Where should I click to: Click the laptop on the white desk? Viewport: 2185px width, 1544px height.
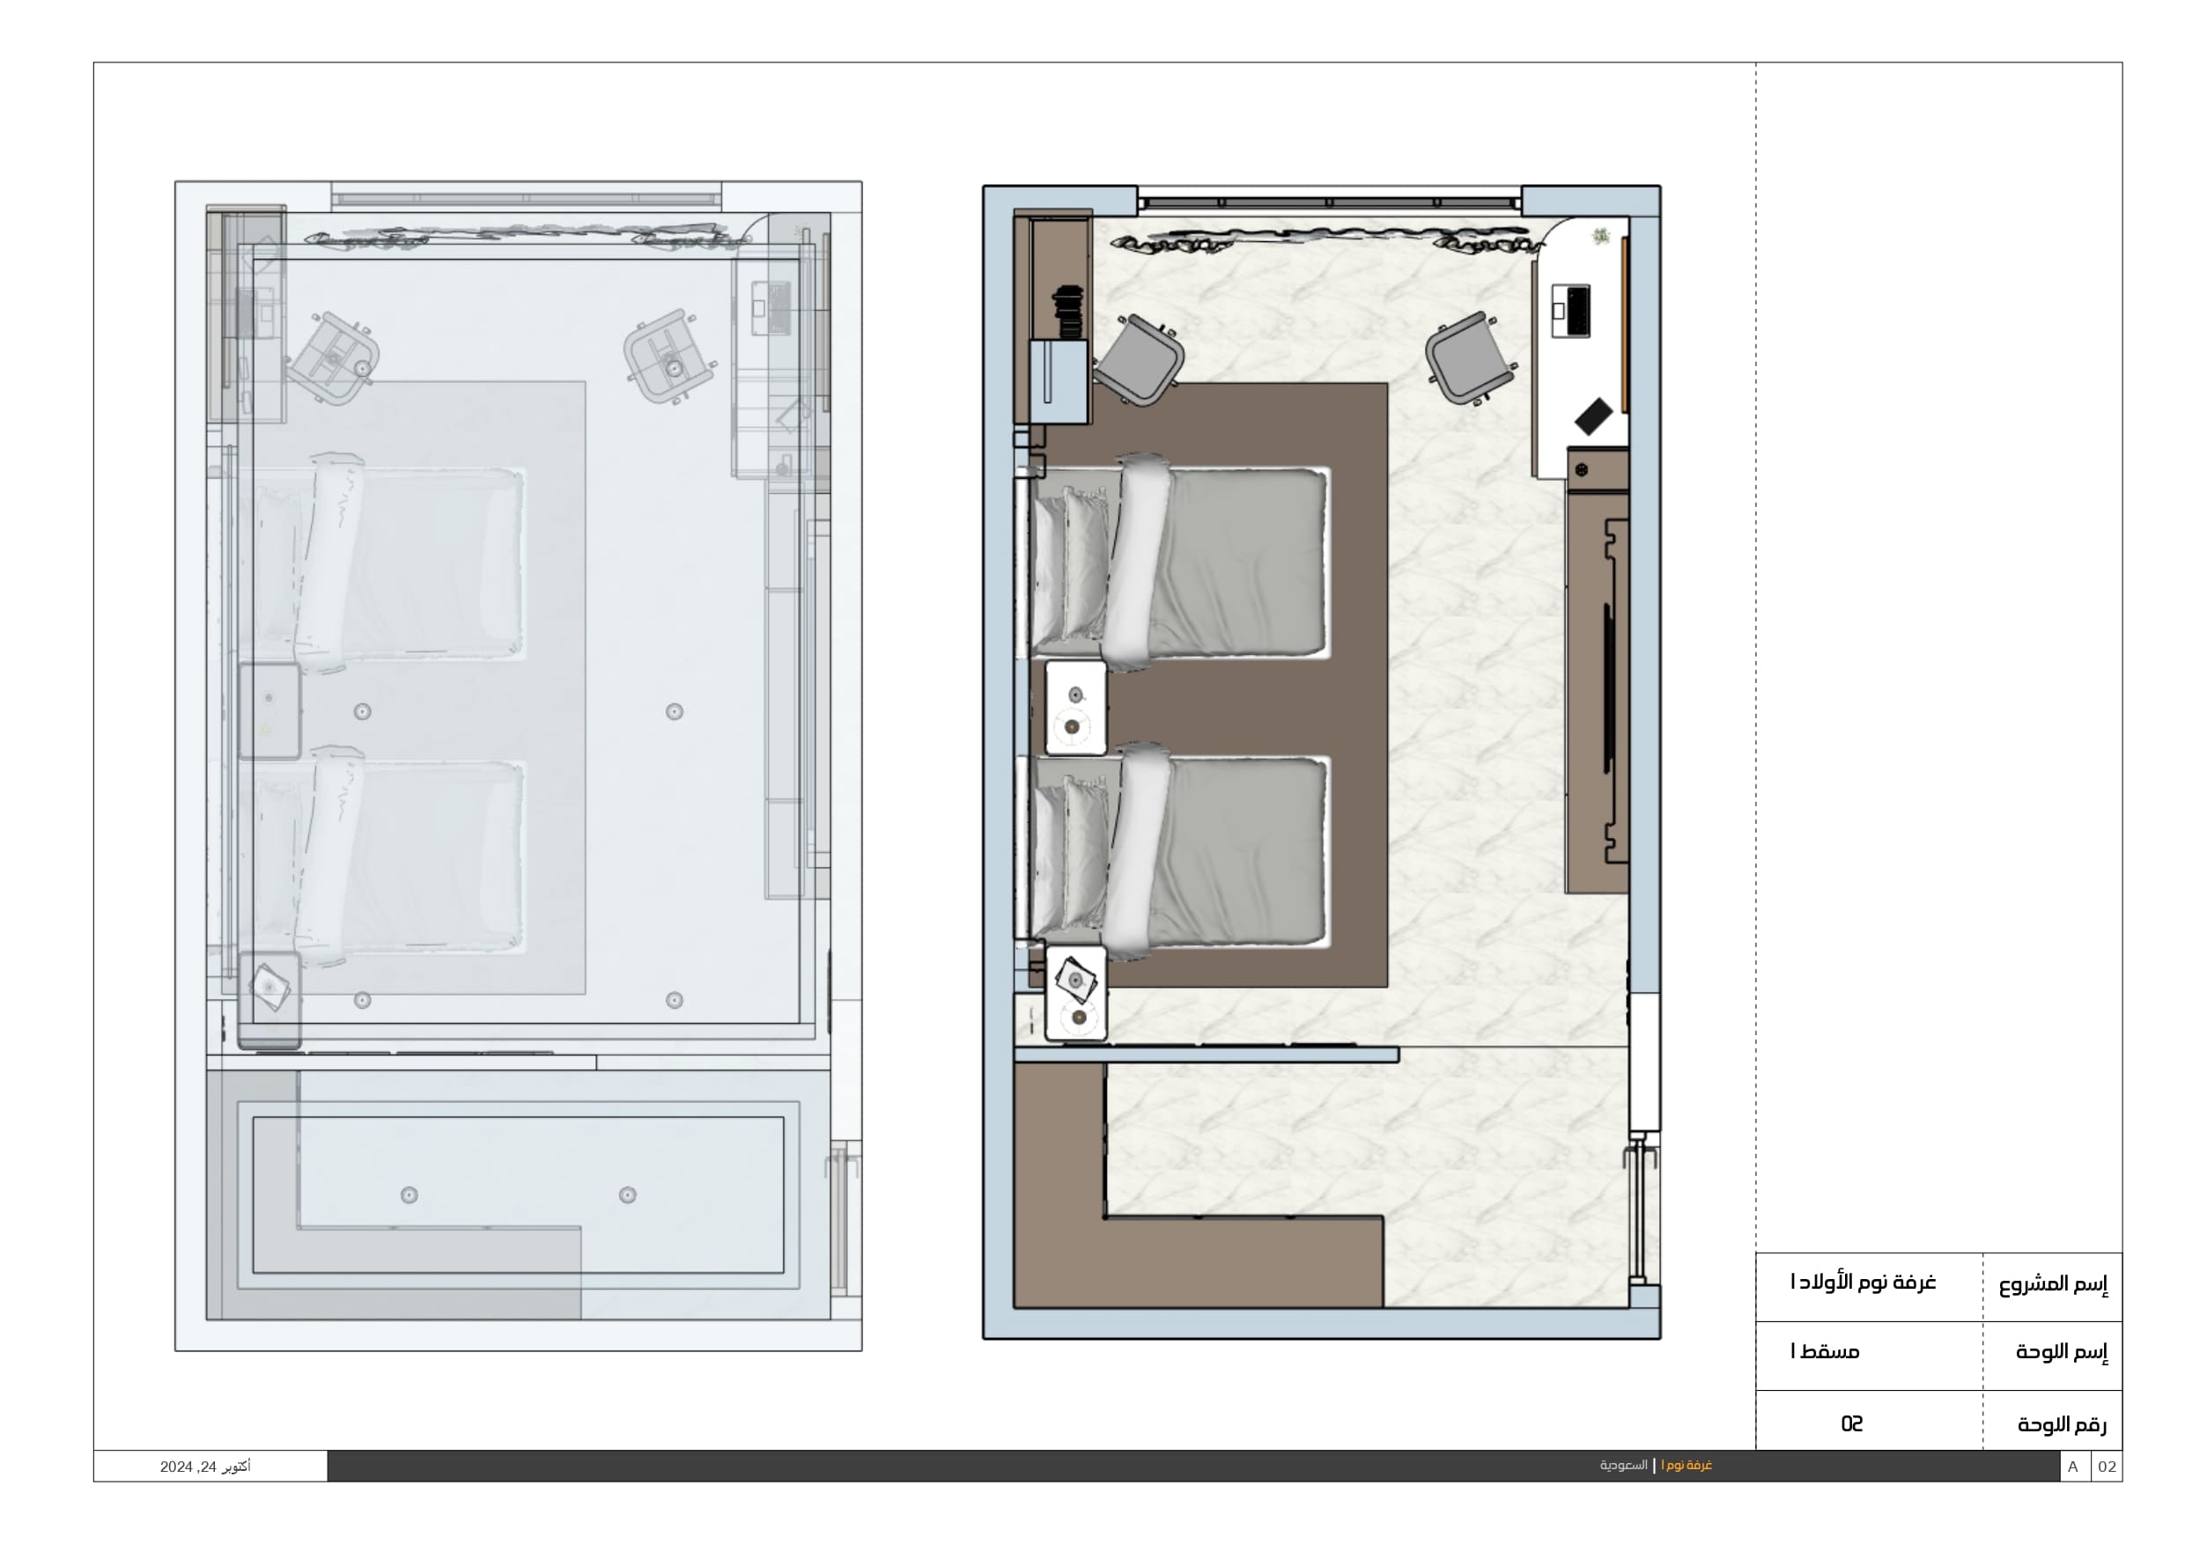(x=1570, y=310)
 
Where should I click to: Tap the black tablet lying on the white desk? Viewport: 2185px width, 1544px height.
(x=1594, y=416)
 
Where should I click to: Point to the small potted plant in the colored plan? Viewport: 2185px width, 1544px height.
(x=1602, y=235)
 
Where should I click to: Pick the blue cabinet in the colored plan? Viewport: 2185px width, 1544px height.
(x=1059, y=381)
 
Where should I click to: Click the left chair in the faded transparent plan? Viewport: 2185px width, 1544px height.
(x=333, y=357)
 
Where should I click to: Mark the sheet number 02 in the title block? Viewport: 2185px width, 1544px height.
(x=1851, y=1423)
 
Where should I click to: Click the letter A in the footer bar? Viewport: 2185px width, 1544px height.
(x=2072, y=1467)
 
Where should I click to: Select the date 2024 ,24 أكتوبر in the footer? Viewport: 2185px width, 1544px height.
(x=205, y=1467)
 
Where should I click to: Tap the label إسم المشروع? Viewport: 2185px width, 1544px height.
(x=2053, y=1284)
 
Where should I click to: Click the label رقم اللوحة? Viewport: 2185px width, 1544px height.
(x=2062, y=1424)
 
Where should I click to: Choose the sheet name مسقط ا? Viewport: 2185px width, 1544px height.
(x=1826, y=1352)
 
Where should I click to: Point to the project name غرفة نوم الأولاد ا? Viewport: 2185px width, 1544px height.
(x=1863, y=1283)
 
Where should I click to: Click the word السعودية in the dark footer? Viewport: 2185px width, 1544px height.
(x=1623, y=1465)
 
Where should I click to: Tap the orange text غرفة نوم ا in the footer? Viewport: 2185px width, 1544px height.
(x=1687, y=1465)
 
